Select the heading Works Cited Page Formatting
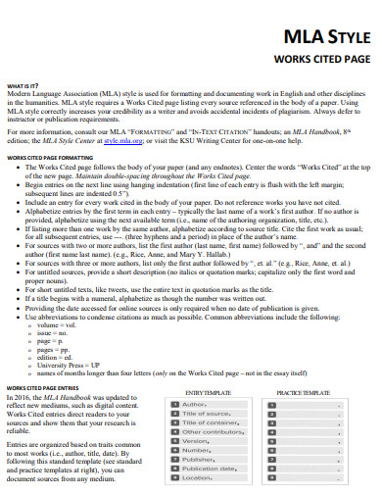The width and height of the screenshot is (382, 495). [x=50, y=156]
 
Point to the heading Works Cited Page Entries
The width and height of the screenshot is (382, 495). [x=45, y=387]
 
